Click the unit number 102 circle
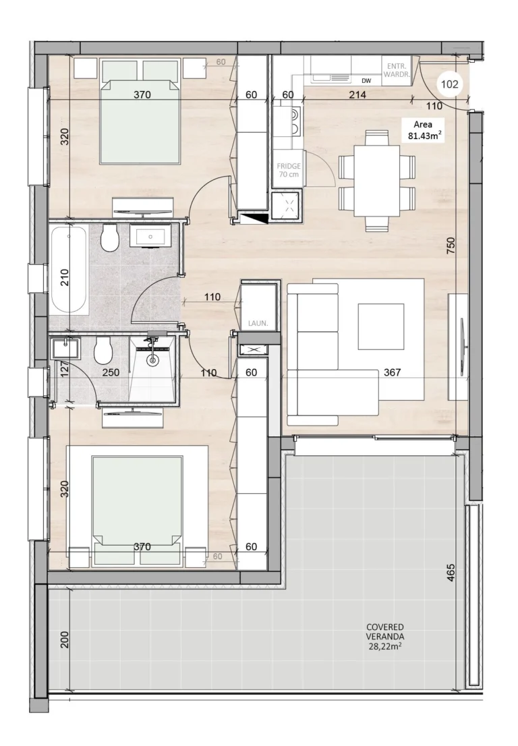(450, 84)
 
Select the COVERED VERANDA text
(385, 635)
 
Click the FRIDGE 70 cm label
(289, 170)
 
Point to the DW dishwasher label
(366, 82)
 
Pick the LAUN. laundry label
(258, 323)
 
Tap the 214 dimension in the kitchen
(357, 95)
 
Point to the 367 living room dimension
(392, 372)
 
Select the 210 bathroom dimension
(65, 277)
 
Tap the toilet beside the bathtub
(109, 239)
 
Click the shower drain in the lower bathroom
(153, 360)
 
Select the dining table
(376, 180)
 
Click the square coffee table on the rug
(380, 326)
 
